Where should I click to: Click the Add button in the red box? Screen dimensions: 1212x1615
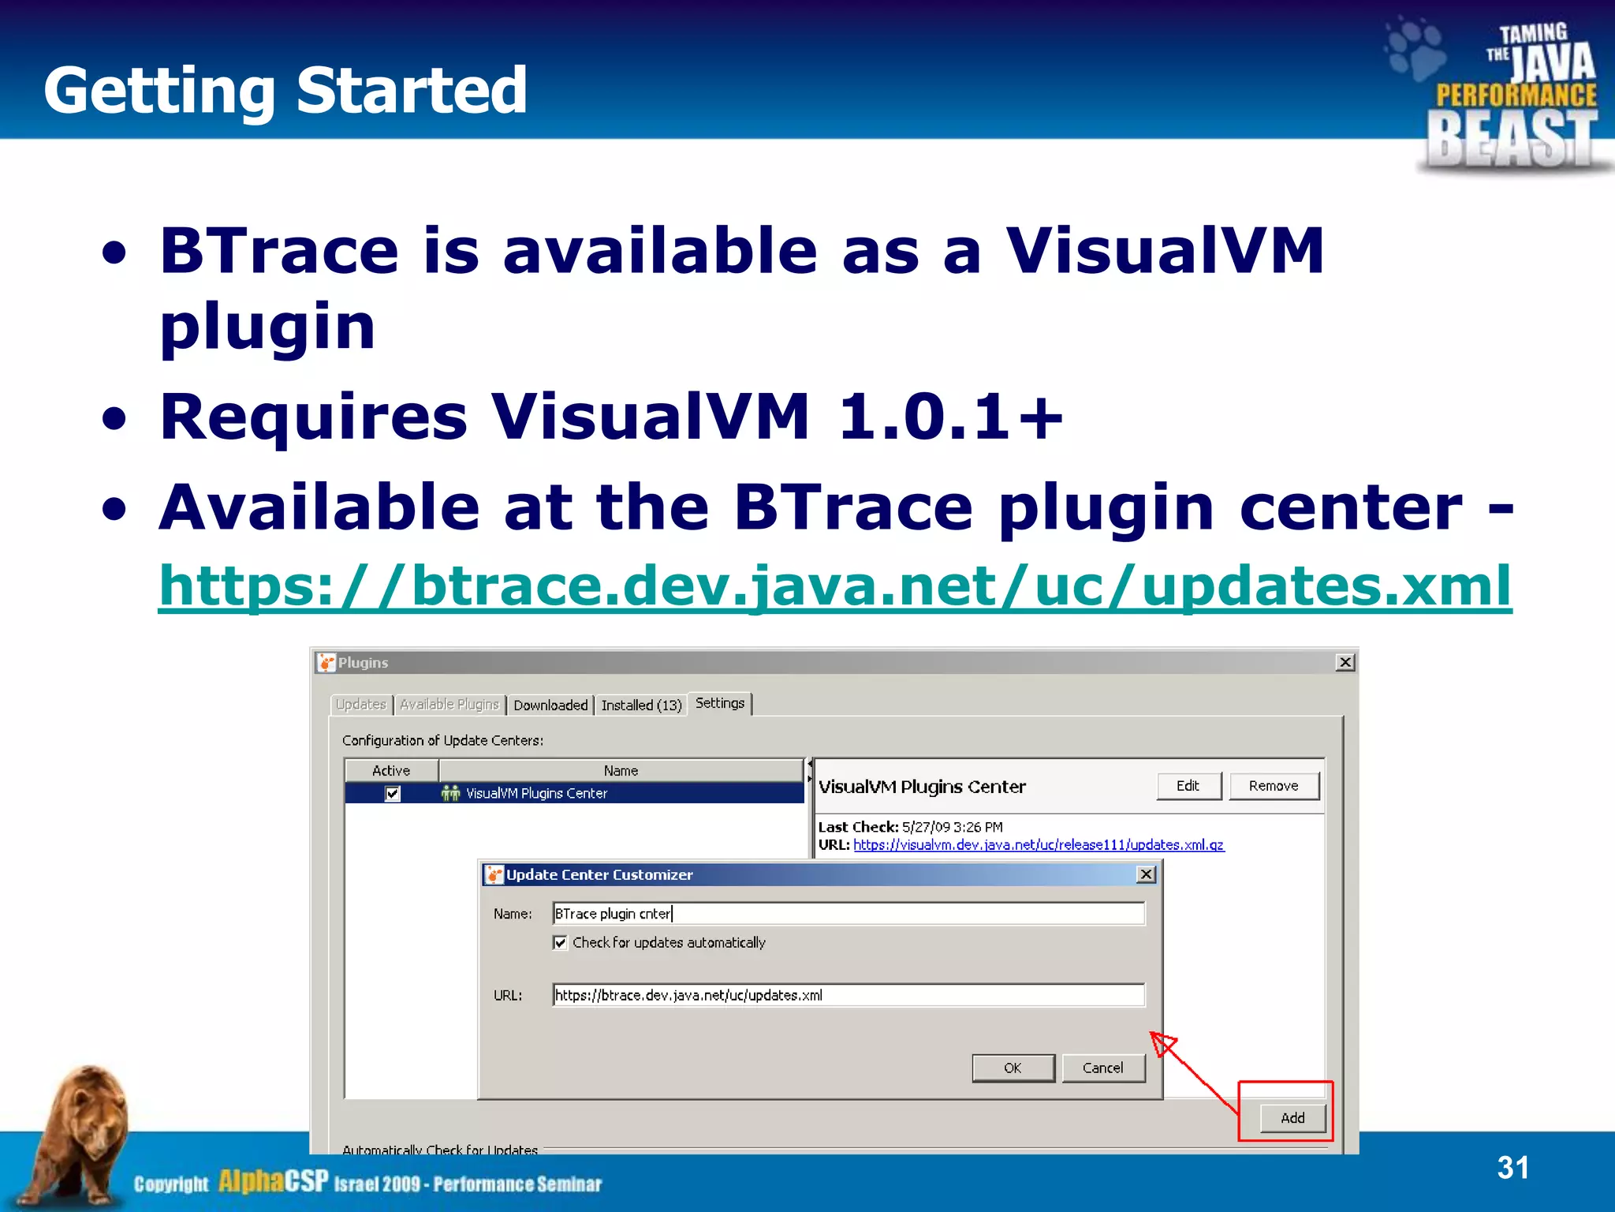pyautogui.click(x=1292, y=1117)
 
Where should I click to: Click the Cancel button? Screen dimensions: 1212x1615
pyautogui.click(x=1102, y=1068)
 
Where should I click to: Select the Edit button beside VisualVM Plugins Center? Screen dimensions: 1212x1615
pyautogui.click(x=1188, y=786)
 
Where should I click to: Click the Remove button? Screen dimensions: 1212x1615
pyautogui.click(x=1273, y=786)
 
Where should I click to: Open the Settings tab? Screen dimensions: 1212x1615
pyautogui.click(x=719, y=703)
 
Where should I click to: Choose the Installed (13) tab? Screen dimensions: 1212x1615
pyautogui.click(x=640, y=705)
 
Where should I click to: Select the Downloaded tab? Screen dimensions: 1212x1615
pyautogui.click(x=550, y=705)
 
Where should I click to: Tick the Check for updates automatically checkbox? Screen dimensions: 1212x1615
pyautogui.click(x=560, y=943)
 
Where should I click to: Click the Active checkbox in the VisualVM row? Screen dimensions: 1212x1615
pyautogui.click(x=393, y=793)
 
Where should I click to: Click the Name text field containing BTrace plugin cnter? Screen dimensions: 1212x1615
pyautogui.click(x=848, y=914)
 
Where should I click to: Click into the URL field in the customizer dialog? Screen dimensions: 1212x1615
pyautogui.click(x=848, y=995)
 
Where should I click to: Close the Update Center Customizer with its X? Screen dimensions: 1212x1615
pyautogui.click(x=1146, y=874)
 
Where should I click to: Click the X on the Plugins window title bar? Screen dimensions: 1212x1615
pyautogui.click(x=1345, y=663)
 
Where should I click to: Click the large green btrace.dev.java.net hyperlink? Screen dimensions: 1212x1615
pyautogui.click(x=834, y=586)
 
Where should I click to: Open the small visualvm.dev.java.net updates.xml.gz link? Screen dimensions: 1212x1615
pyautogui.click(x=1038, y=845)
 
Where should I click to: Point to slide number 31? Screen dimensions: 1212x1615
pyautogui.click(x=1512, y=1167)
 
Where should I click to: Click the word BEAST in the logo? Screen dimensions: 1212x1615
pyautogui.click(x=1511, y=139)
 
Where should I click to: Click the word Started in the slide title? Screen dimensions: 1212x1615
pyautogui.click(x=411, y=90)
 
